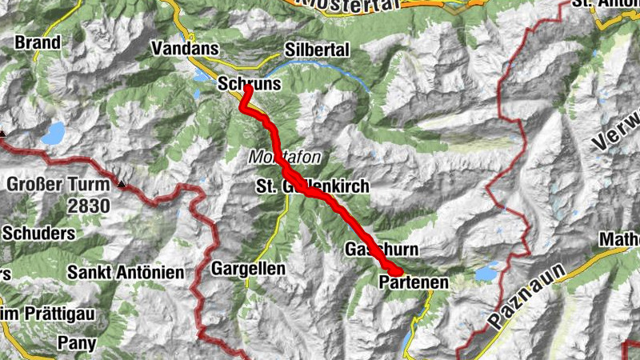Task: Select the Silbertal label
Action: coord(317,50)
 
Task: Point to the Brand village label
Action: coord(38,42)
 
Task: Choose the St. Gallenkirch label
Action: coord(312,186)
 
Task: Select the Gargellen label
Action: coord(248,269)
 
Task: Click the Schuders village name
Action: coord(39,234)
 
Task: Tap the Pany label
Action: coord(78,344)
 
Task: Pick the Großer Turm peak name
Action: coord(56,185)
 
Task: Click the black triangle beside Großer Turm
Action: coord(122,184)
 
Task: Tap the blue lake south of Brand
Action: coord(54,134)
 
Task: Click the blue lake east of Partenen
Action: coord(485,274)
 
